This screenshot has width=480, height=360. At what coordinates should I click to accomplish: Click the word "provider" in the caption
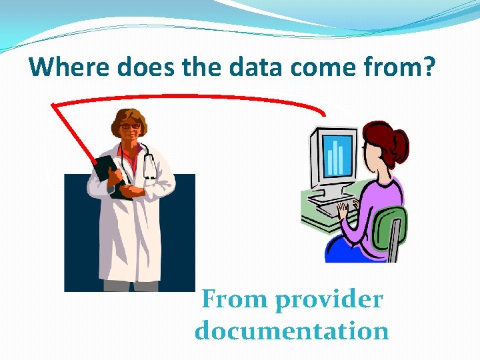[329, 300]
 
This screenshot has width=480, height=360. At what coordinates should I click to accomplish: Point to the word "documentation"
[292, 331]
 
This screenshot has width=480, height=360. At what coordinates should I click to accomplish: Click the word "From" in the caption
[233, 299]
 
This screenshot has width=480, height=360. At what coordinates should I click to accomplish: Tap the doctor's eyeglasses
[131, 126]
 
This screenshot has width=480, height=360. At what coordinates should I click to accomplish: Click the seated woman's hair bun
[402, 139]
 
